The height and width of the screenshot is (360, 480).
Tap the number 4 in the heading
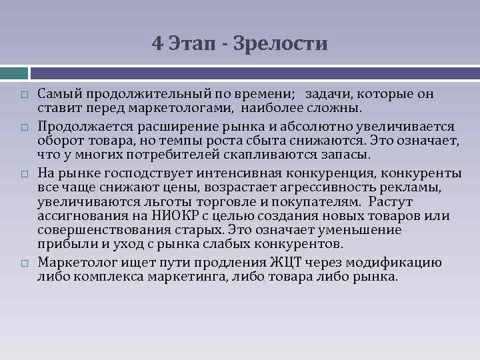(157, 45)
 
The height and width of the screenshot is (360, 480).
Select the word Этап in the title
(193, 45)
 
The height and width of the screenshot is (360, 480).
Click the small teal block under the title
(13, 71)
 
